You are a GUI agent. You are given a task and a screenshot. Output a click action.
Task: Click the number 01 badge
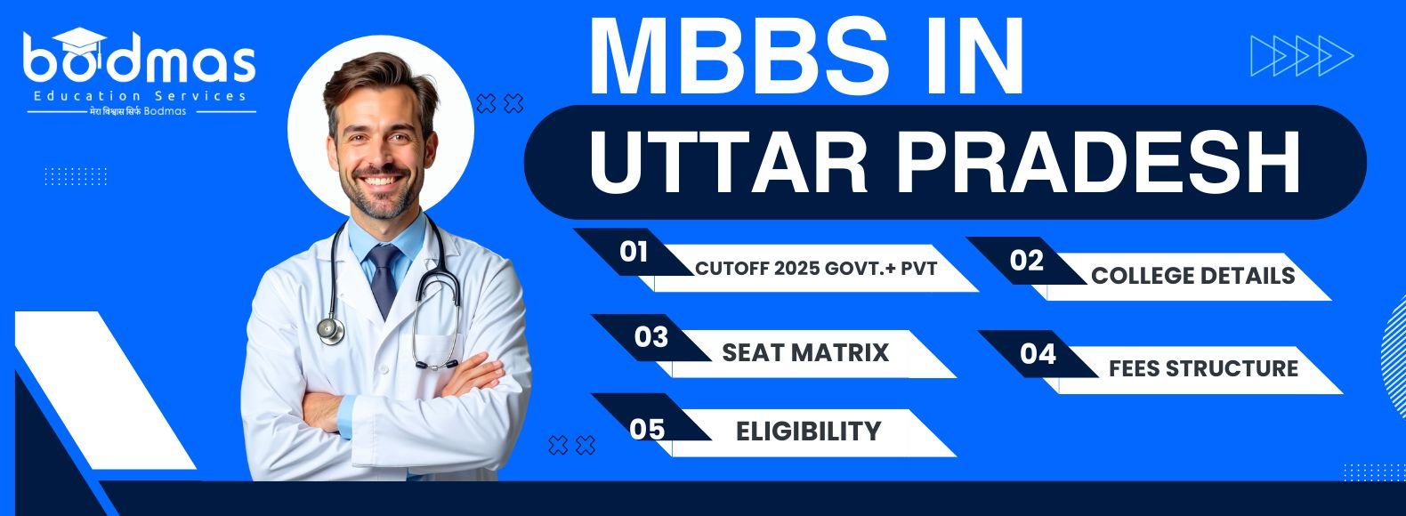(634, 252)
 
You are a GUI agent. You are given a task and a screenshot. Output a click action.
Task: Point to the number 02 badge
(1027, 261)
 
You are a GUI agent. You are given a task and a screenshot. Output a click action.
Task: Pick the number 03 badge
(650, 338)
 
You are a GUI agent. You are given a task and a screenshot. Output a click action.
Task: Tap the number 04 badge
(1038, 354)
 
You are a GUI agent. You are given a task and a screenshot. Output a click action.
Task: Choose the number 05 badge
(647, 430)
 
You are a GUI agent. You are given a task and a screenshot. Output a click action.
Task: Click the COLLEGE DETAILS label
(1192, 276)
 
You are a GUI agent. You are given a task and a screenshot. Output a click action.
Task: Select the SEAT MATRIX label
(805, 353)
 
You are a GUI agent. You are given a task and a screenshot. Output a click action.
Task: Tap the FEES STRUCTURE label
(1203, 368)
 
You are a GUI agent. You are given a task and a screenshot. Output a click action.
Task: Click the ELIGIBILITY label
(808, 431)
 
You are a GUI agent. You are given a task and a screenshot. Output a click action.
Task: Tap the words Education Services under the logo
(140, 96)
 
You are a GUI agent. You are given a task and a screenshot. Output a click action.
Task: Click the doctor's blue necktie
(384, 280)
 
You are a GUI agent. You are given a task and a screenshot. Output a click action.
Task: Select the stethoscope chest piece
(331, 330)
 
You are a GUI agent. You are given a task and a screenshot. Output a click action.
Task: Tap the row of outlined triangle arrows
(1302, 56)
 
